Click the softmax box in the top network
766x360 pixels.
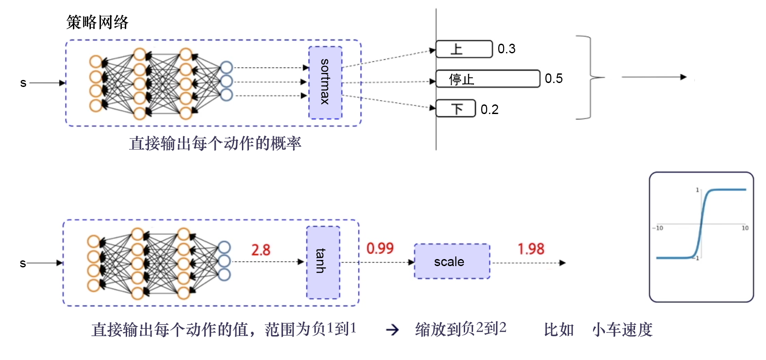325,83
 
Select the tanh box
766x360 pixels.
323,262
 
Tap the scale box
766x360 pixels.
452,261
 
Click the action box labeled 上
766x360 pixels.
464,49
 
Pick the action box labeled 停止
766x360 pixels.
487,79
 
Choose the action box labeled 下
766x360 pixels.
456,108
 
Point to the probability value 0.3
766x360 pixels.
507,49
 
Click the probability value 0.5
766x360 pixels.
554,79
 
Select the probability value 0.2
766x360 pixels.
490,109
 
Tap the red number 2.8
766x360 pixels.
261,250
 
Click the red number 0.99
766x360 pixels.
380,249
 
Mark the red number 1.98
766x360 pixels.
531,249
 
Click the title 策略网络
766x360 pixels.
97,22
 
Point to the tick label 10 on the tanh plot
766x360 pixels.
745,228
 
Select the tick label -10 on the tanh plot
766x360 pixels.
658,228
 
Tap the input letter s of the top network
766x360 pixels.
23,83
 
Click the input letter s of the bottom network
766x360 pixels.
23,263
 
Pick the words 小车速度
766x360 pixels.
622,329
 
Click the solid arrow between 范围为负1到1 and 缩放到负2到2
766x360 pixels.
392,330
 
